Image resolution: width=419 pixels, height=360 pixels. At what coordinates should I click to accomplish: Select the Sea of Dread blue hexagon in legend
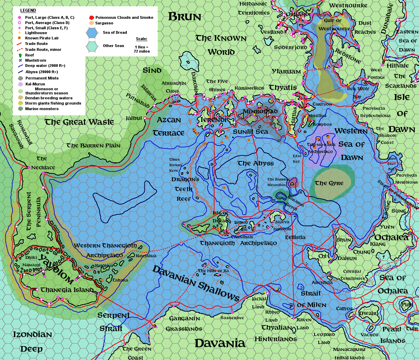point(92,33)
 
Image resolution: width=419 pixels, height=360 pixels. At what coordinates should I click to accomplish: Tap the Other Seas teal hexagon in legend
point(92,46)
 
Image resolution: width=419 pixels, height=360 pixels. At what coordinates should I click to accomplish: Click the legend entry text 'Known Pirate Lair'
point(42,38)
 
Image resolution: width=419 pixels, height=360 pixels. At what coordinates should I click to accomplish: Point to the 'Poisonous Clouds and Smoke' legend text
point(124,17)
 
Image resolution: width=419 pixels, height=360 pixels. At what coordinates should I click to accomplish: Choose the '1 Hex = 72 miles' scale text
point(142,49)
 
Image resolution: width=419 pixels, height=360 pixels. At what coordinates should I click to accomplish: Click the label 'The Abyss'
point(256,163)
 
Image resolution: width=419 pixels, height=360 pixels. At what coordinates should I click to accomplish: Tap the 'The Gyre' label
point(329,183)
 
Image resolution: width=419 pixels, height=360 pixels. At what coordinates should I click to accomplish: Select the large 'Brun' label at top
point(185,17)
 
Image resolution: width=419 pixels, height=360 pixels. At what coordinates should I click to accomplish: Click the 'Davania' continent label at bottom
point(220,343)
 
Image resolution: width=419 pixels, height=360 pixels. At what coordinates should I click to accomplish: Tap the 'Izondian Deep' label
point(32,342)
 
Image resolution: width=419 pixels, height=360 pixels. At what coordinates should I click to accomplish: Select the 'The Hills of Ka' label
point(213,271)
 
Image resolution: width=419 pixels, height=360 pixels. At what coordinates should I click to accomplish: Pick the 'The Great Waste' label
point(79,122)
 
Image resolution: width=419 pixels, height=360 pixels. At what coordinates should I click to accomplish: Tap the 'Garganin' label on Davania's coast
point(184,318)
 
